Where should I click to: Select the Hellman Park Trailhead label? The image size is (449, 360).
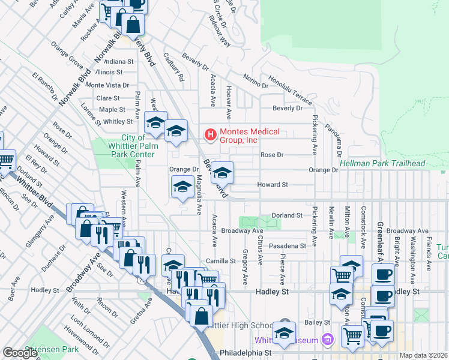pyautogui.click(x=382, y=163)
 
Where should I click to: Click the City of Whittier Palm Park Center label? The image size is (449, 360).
pyautogui.click(x=130, y=146)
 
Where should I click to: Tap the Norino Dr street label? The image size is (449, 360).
pyautogui.click(x=256, y=80)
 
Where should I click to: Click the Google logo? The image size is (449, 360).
pyautogui.click(x=20, y=353)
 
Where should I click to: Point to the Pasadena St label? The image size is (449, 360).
pyautogui.click(x=287, y=246)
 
